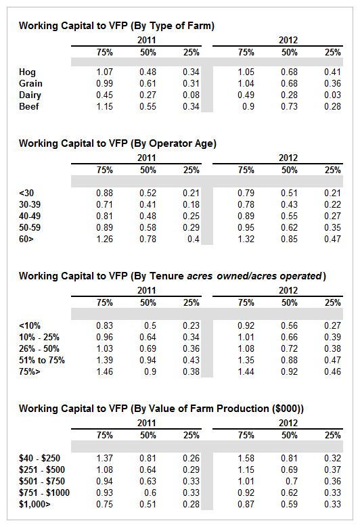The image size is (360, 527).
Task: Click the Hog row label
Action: pyautogui.click(x=27, y=72)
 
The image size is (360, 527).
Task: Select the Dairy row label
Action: pyautogui.click(x=30, y=95)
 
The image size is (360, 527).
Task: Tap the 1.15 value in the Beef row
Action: pyautogui.click(x=104, y=106)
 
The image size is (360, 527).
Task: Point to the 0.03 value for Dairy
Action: pyautogui.click(x=332, y=95)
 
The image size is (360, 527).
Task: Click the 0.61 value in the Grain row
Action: pyautogui.click(x=148, y=84)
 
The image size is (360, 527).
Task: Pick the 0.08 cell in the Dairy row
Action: pyautogui.click(x=192, y=95)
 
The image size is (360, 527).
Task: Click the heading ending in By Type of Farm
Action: pyautogui.click(x=116, y=26)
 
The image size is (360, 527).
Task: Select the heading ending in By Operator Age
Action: pyautogui.click(x=118, y=143)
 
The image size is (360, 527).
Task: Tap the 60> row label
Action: pyautogui.click(x=26, y=239)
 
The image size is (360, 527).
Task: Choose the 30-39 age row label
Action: pyautogui.click(x=30, y=205)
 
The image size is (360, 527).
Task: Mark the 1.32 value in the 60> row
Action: pyautogui.click(x=246, y=239)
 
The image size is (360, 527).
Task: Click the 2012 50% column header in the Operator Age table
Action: pyautogui.click(x=290, y=170)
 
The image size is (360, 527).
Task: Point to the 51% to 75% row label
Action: pyautogui.click(x=42, y=361)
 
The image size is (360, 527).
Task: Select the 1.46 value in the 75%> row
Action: pyautogui.click(x=104, y=371)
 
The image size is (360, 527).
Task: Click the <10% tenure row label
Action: pyautogui.click(x=30, y=325)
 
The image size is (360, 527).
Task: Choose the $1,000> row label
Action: pyautogui.click(x=35, y=505)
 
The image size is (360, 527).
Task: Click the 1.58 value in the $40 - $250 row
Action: pyautogui.click(x=246, y=459)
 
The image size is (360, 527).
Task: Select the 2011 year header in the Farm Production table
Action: pyautogui.click(x=147, y=423)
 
